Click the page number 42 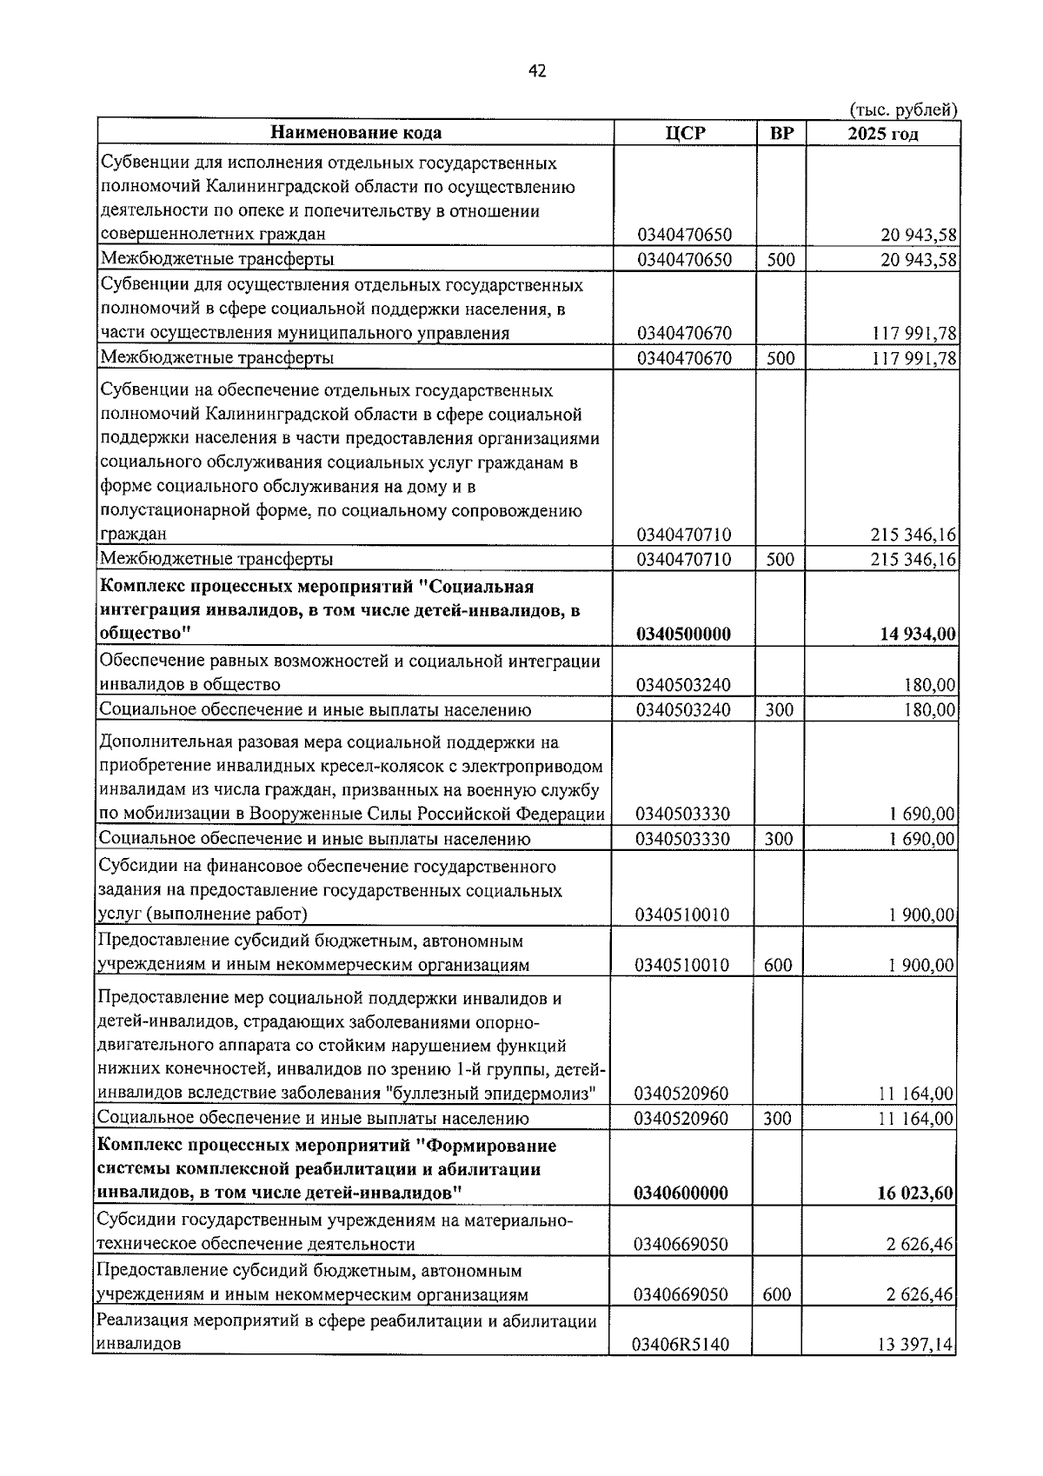[x=537, y=72]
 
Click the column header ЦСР [x=685, y=133]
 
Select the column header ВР [x=781, y=133]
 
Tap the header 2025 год [x=883, y=133]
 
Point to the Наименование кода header [x=355, y=133]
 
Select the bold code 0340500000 [x=683, y=635]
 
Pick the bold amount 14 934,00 [x=918, y=635]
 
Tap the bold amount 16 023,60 [x=916, y=1193]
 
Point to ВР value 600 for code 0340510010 [x=778, y=966]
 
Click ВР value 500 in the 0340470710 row [x=781, y=560]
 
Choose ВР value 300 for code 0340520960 [x=778, y=1119]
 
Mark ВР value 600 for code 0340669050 [x=777, y=1295]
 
